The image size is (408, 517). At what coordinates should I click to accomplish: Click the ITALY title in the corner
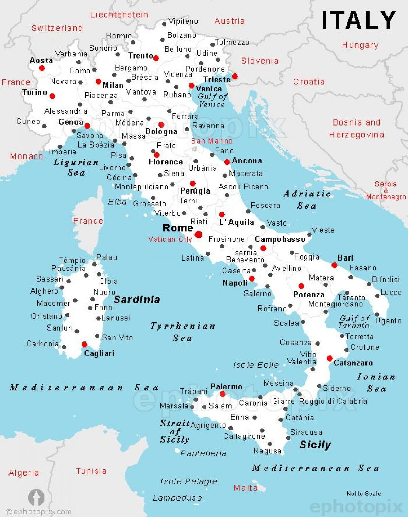coord(359,20)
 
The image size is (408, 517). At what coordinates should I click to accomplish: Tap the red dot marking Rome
coord(199,234)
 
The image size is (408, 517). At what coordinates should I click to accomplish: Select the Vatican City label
coord(170,239)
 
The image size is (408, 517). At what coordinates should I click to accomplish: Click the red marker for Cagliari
coord(84,345)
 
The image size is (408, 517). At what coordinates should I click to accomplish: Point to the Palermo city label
coord(226,387)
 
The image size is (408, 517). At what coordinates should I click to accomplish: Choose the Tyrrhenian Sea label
coord(183,332)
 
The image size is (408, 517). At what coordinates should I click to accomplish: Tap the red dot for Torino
coord(52,96)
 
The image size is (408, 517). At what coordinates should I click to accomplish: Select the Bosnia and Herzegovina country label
coord(357,129)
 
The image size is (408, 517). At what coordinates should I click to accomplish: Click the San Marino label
coord(211,141)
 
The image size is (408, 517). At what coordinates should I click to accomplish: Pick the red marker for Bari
coord(334,265)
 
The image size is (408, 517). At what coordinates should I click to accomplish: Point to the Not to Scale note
coord(363,493)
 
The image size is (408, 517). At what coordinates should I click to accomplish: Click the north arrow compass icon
coord(36,498)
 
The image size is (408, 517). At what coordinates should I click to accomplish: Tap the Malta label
coord(245,488)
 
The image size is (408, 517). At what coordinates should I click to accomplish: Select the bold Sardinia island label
coord(136,299)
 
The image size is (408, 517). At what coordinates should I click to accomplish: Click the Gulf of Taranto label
coord(354,322)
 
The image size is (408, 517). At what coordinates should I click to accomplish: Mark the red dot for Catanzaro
coord(329,358)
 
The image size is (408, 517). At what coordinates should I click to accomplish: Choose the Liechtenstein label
coord(119,15)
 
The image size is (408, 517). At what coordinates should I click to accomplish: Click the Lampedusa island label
coord(177,498)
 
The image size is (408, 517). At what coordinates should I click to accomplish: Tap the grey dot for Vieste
coord(309,235)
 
